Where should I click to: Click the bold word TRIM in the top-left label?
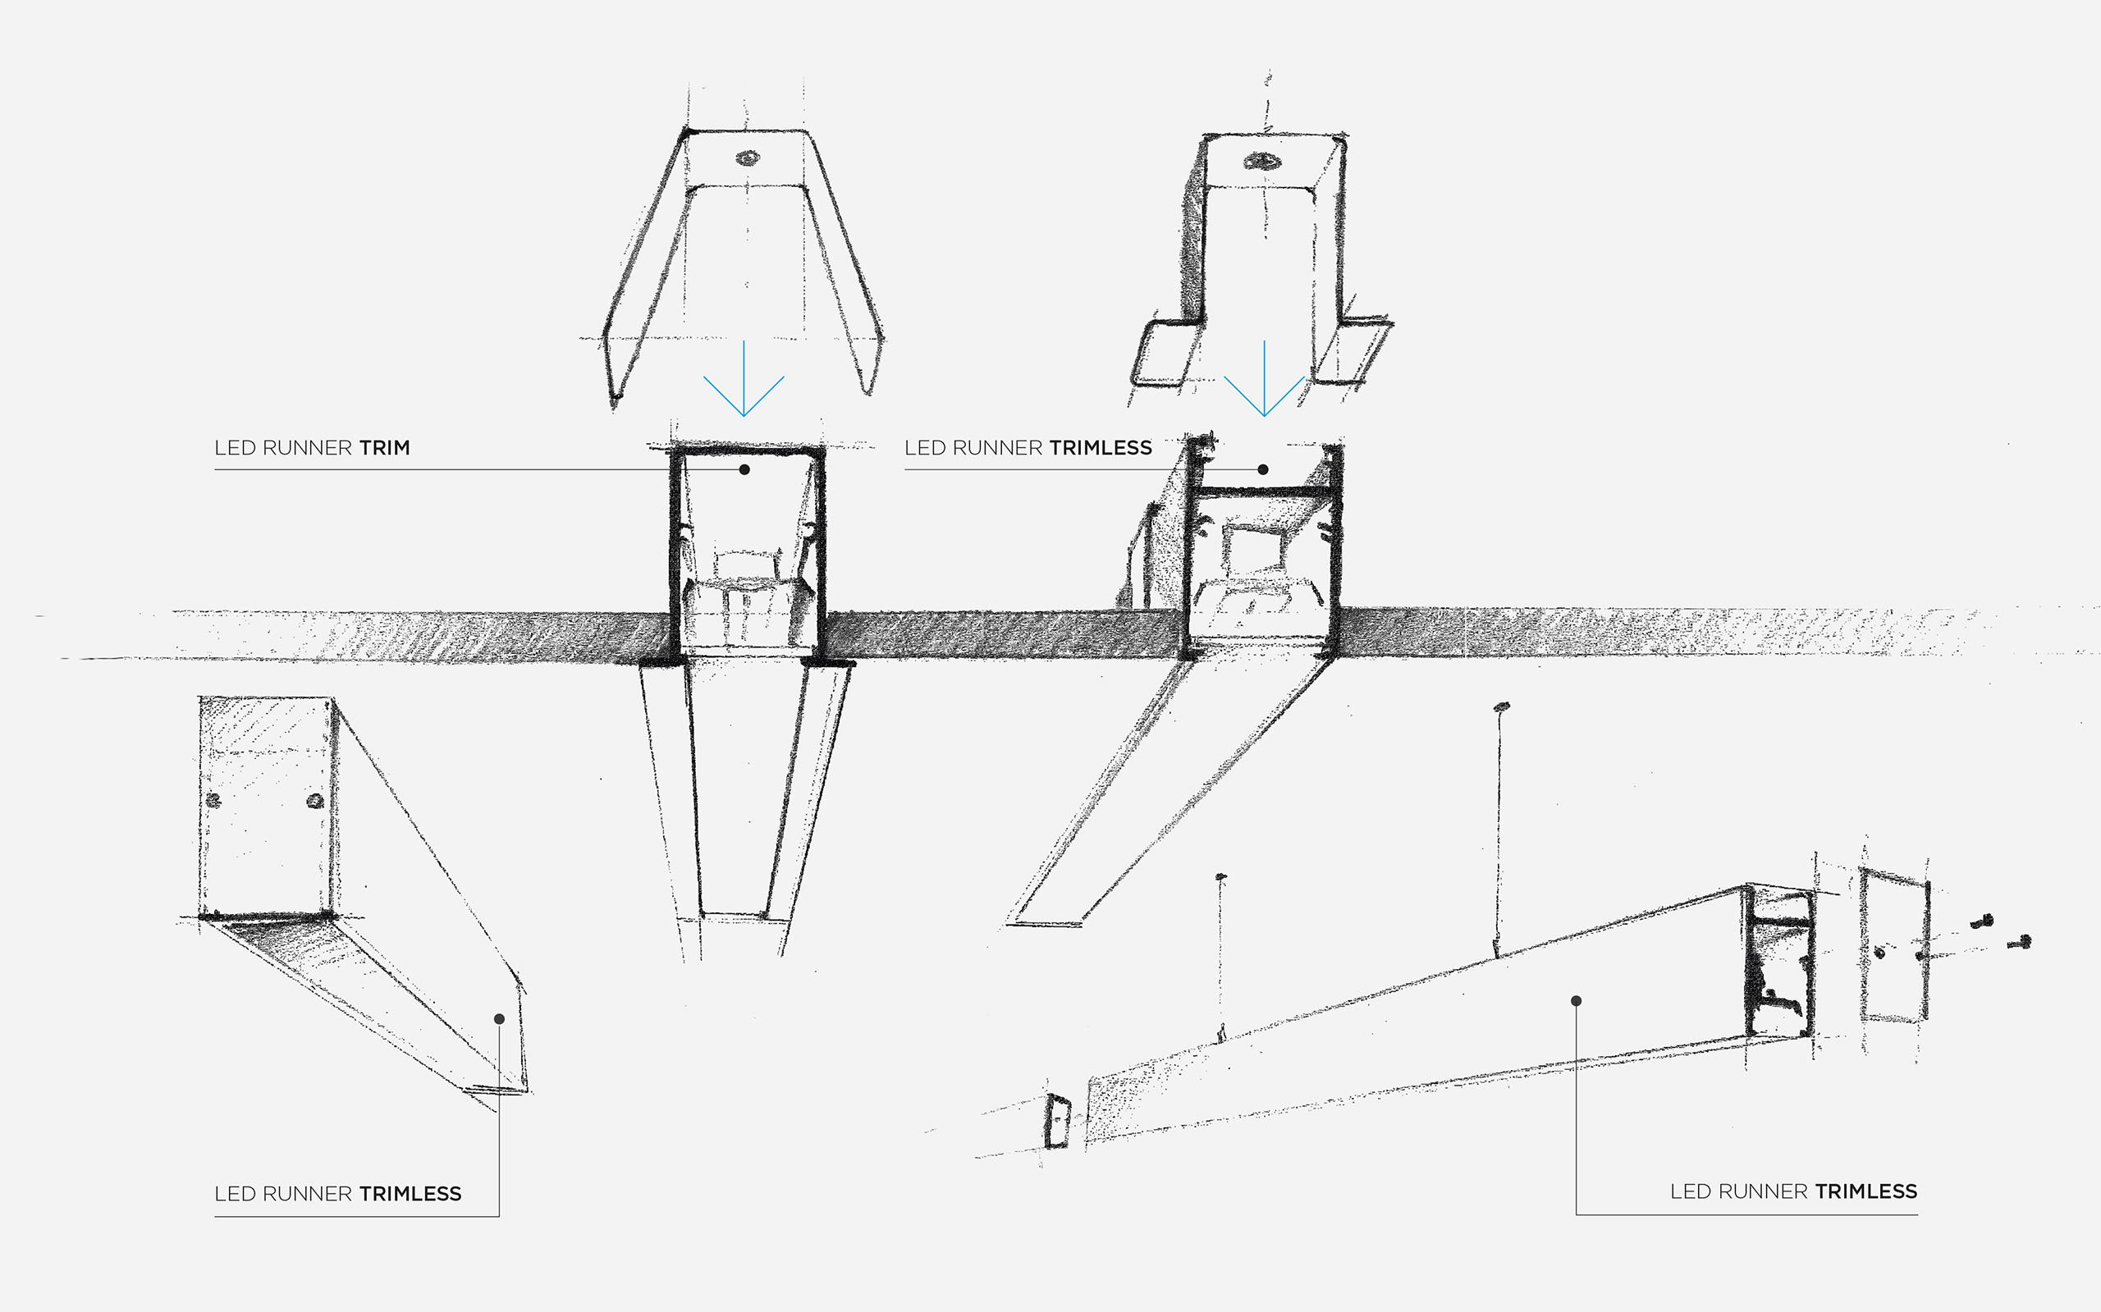tap(384, 448)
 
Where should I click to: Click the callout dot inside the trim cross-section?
tap(744, 469)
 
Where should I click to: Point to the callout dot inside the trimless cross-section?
tap(1264, 469)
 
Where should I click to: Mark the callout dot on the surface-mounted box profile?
tap(499, 1019)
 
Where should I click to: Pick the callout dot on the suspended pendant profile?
tap(1576, 1000)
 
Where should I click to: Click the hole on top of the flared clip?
tap(747, 158)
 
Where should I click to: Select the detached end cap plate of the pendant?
tap(1894, 946)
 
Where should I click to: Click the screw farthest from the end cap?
tap(2021, 941)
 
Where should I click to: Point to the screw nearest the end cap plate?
tap(1982, 921)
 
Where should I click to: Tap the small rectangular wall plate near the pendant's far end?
tap(1057, 1121)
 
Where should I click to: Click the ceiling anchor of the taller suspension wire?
tap(1501, 706)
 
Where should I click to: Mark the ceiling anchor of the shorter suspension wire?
tap(1221, 876)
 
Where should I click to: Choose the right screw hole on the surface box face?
tap(315, 800)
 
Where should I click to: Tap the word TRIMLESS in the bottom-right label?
tap(1865, 1191)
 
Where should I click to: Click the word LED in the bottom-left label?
tap(236, 1194)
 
